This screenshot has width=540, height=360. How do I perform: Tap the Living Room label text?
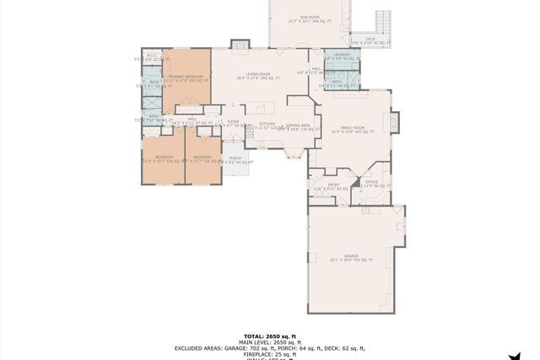(257, 75)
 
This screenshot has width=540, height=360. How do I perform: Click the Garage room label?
(351, 256)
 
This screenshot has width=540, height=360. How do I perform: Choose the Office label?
(372, 182)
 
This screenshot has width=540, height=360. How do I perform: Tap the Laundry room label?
(342, 56)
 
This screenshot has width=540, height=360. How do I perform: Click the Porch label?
(235, 159)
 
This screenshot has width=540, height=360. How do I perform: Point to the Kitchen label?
(267, 124)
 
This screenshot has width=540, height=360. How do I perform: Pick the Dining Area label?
(298, 125)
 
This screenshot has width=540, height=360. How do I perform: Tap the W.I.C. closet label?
(152, 56)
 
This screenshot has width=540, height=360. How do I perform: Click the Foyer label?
(233, 122)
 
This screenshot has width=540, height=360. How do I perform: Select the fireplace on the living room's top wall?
(240, 43)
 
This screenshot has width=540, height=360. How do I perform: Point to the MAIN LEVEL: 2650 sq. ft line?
(270, 341)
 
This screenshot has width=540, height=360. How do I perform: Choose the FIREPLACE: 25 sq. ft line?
(270, 353)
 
